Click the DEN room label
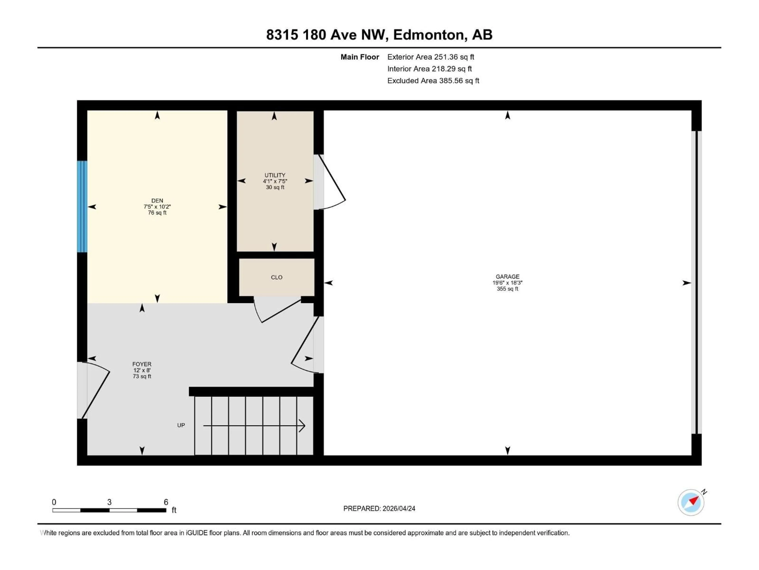(x=157, y=201)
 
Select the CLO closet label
(x=277, y=277)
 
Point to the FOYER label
(x=142, y=364)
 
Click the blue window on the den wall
(x=82, y=206)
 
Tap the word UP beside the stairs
(x=181, y=425)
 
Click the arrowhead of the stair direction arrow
(x=302, y=426)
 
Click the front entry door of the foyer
(x=96, y=392)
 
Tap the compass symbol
(x=691, y=502)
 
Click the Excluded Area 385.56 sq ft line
(x=433, y=81)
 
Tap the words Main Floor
(x=360, y=57)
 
